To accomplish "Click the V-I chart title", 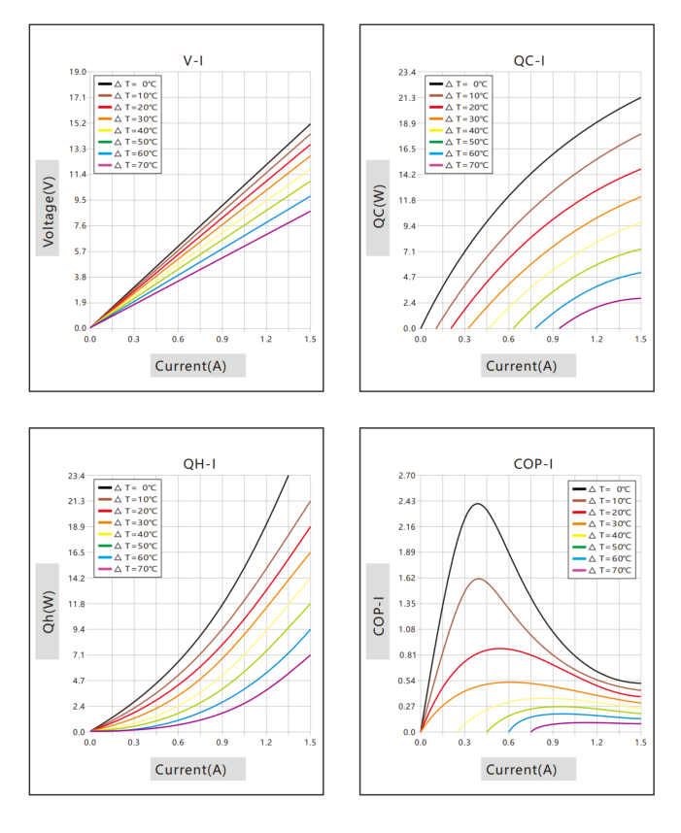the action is click(x=193, y=60).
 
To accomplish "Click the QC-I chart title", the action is click(x=528, y=60).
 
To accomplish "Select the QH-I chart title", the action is click(x=199, y=464).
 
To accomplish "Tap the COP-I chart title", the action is click(x=533, y=464).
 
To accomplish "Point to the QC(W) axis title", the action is click(x=379, y=207).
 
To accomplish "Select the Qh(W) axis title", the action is click(x=48, y=612).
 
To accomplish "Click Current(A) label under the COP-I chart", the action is click(x=522, y=769).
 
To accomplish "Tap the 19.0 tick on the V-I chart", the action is click(x=78, y=72).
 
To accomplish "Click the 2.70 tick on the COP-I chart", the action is click(x=407, y=476).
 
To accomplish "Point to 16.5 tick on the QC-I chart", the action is click(x=407, y=149).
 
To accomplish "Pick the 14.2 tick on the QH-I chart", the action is click(x=77, y=578).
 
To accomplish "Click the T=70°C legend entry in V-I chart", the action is click(x=128, y=165).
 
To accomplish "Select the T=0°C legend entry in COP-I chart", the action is click(x=601, y=488).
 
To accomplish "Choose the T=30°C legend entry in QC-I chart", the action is click(x=459, y=119).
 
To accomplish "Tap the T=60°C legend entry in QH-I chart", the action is click(x=128, y=557).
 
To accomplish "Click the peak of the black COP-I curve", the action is click(x=478, y=504).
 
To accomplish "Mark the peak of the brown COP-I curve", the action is click(x=479, y=579).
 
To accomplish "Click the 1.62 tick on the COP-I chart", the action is click(x=407, y=578).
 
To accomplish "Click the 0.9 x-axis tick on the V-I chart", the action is click(x=222, y=339).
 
